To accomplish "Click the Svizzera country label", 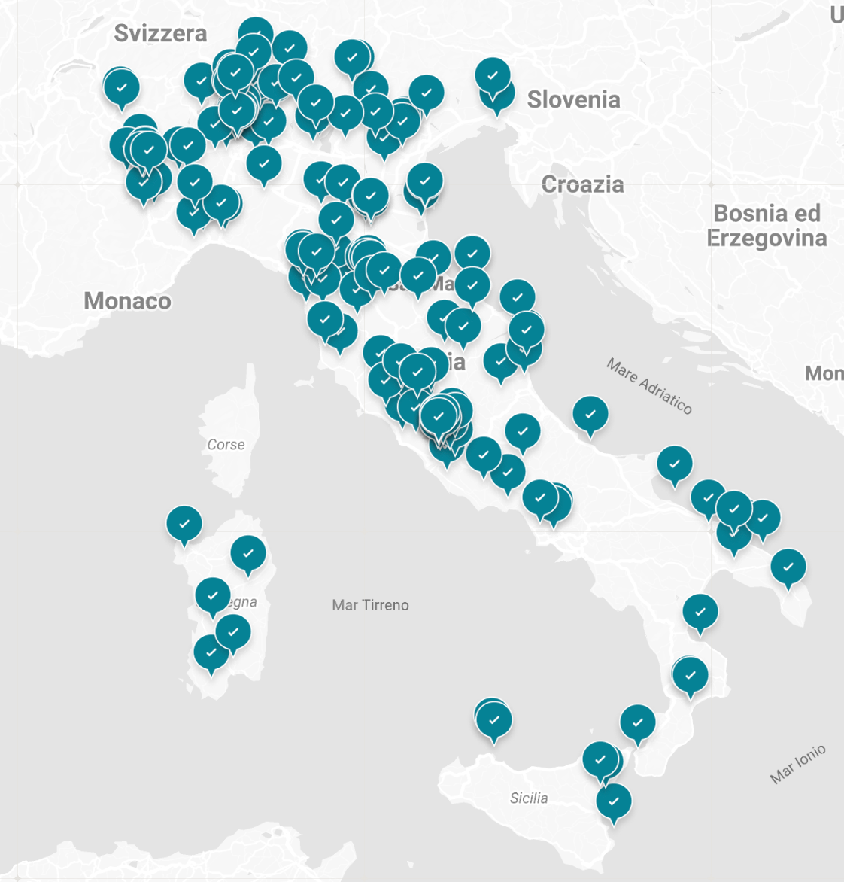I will coord(160,33).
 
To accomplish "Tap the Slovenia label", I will coord(573,99).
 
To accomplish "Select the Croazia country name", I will coord(582,184).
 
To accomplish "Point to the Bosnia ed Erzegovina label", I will coord(767,226).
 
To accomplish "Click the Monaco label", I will coord(127,301).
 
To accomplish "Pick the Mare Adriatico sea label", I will coord(649,386).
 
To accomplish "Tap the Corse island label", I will coord(226,445).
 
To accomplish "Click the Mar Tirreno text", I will coord(370,605).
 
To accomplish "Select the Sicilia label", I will coord(529,798).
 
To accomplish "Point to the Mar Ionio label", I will coord(797,763).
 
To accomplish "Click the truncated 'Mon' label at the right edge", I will coord(824,373).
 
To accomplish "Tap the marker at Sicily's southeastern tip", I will coord(614,801).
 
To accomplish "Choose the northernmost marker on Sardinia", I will coord(184,523).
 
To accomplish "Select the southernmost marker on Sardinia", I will coord(211,652).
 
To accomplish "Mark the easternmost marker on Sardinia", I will coord(248,553).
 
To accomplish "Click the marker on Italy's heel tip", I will coord(788,567).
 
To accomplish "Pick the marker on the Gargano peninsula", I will coord(590,414).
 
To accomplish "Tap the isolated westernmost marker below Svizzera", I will coord(121,87).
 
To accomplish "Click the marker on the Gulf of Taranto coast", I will coord(700,612).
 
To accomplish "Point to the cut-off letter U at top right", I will coord(837,14).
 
